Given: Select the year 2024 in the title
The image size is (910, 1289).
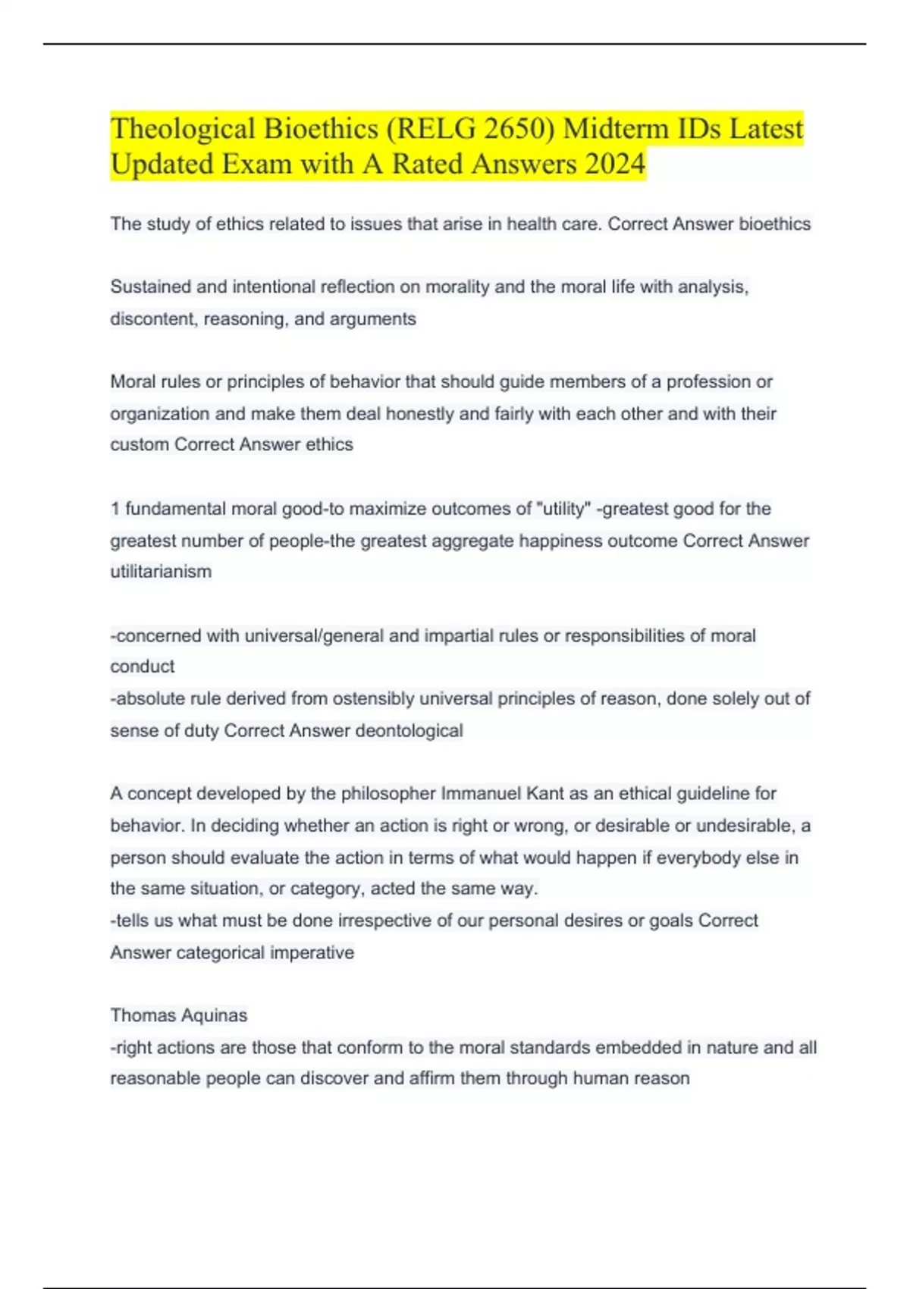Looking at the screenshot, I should pyautogui.click(x=614, y=164).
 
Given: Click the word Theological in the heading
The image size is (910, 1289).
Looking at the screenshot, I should pyautogui.click(x=184, y=129).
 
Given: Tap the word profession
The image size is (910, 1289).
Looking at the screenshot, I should pyautogui.click(x=709, y=382).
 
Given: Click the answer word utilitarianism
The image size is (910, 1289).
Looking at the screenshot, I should pyautogui.click(x=161, y=572).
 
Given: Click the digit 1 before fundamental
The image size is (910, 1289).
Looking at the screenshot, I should pyautogui.click(x=115, y=509).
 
